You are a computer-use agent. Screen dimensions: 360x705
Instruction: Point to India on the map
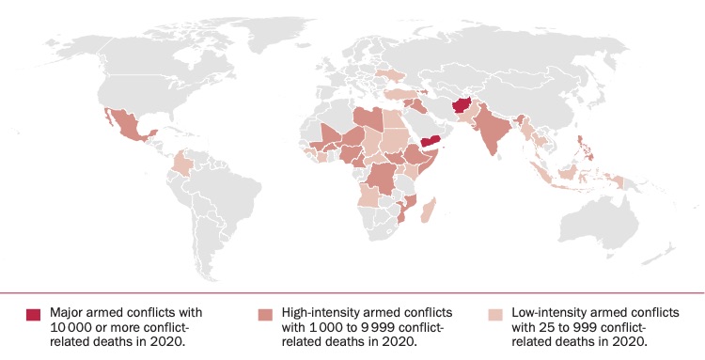coord(493,132)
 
